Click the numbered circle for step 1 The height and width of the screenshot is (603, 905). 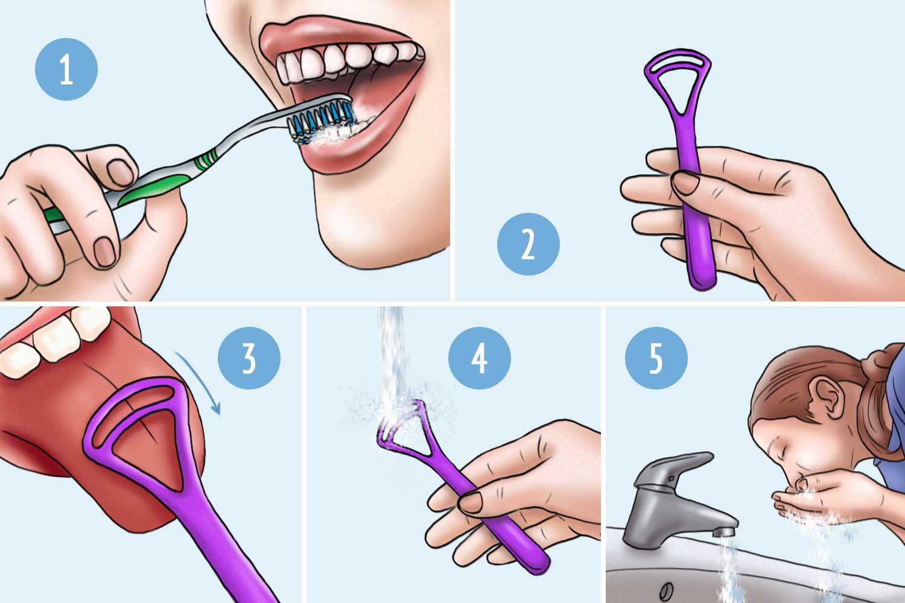pyautogui.click(x=66, y=69)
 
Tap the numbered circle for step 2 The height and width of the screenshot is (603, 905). pyautogui.click(x=528, y=244)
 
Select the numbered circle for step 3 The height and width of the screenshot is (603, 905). pyautogui.click(x=249, y=358)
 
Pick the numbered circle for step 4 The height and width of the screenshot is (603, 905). pyautogui.click(x=480, y=358)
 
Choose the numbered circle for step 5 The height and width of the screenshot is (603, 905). pyautogui.click(x=656, y=358)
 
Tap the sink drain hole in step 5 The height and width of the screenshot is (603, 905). pyautogui.click(x=666, y=591)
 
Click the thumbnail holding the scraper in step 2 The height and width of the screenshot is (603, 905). pyautogui.click(x=685, y=183)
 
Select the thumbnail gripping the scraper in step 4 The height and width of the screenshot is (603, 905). pyautogui.click(x=471, y=502)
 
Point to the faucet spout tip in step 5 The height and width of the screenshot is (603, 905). pyautogui.click(x=723, y=532)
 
